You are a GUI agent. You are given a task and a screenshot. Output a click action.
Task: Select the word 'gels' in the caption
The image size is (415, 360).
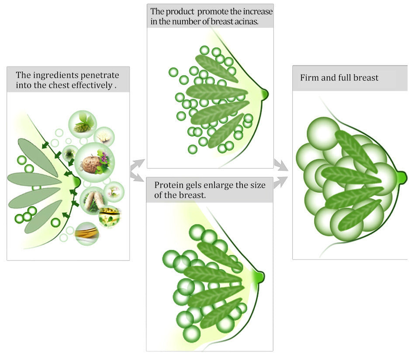click(x=195, y=185)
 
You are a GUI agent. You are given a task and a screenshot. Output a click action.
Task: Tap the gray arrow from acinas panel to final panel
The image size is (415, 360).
click(x=280, y=165)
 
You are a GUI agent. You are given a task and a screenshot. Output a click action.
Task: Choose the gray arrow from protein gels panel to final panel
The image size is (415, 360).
click(x=280, y=180)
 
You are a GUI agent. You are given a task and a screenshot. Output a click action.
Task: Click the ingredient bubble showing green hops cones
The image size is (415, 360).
click(x=82, y=123)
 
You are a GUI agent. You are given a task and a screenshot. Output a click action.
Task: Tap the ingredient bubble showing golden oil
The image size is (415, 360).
click(x=86, y=233)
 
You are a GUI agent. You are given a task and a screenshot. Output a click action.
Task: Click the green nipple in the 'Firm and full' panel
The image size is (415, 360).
click(x=402, y=177)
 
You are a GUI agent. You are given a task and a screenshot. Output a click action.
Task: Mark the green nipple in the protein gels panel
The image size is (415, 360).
click(x=260, y=276)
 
